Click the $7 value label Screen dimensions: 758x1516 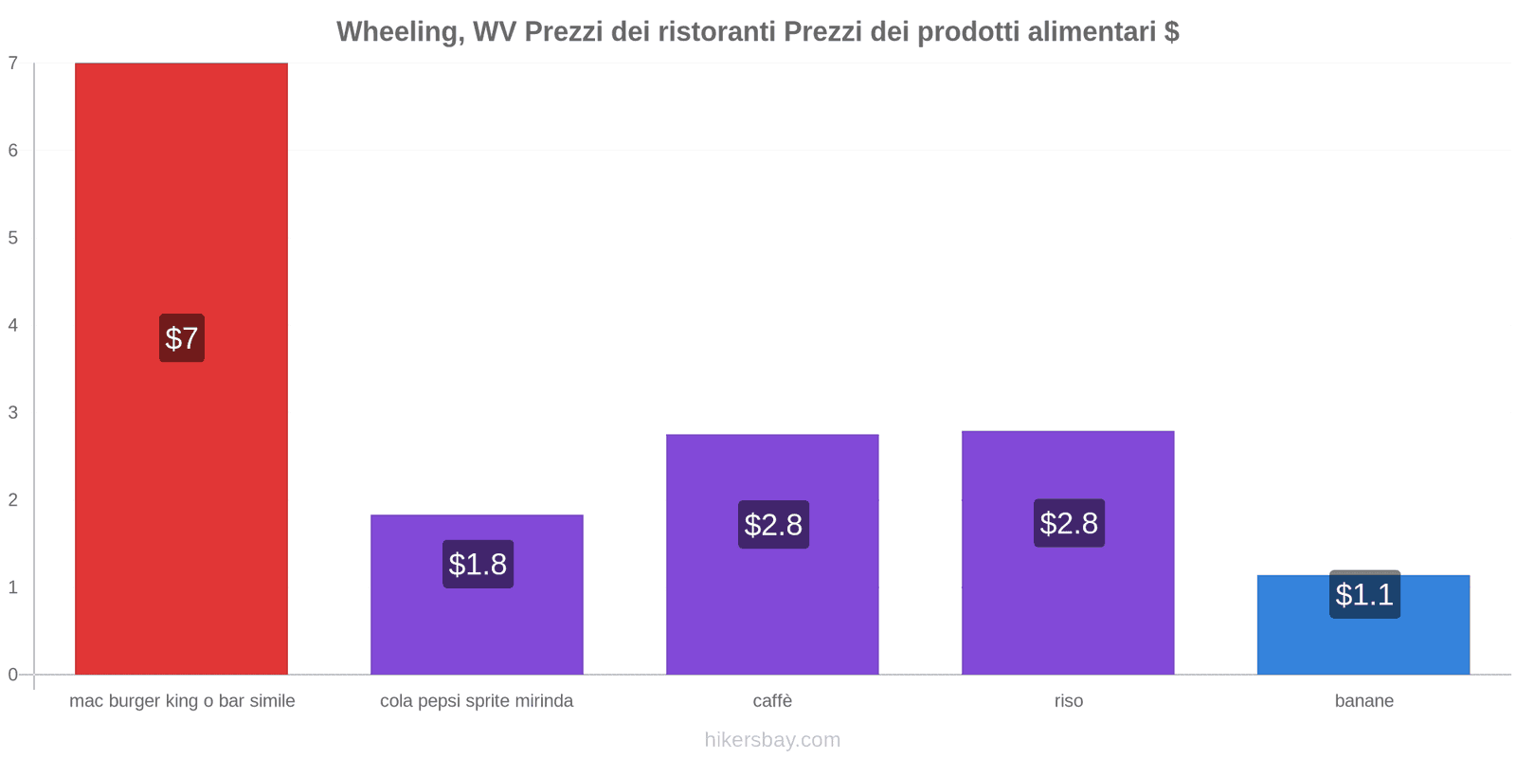tap(181, 338)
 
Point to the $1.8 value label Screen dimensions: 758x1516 tap(478, 565)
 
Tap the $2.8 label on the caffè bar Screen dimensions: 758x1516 tap(773, 525)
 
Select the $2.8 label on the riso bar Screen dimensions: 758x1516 tap(1069, 523)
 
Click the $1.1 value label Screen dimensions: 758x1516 tap(1364, 595)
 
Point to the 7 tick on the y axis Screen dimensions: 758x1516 tap(13, 63)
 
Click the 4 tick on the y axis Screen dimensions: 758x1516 tap(13, 325)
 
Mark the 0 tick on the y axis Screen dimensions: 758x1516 tap(13, 675)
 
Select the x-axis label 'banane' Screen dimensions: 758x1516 tap(1363, 701)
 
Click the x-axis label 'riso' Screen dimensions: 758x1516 tap(1068, 701)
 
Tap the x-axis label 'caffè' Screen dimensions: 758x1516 tap(772, 701)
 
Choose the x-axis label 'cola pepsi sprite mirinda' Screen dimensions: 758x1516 tap(477, 701)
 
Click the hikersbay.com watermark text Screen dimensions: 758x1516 tap(772, 740)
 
